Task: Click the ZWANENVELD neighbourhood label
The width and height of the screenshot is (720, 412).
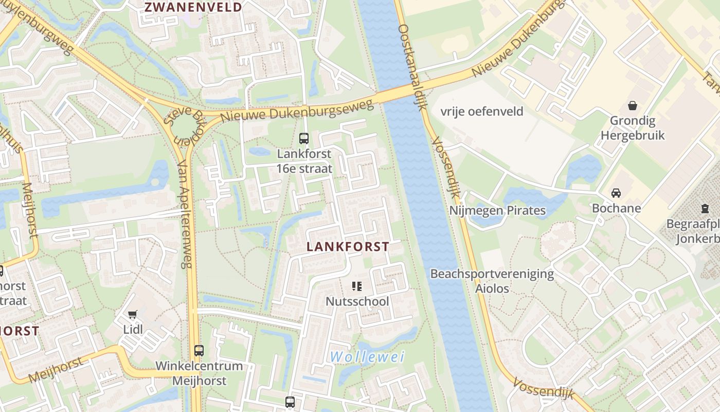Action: tap(193, 7)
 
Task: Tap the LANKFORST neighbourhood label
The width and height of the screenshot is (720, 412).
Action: tap(348, 247)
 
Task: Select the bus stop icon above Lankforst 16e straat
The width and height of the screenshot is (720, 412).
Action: tap(304, 138)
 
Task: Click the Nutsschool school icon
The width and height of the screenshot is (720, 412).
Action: tap(357, 286)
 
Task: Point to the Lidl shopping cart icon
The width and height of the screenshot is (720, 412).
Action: tap(133, 314)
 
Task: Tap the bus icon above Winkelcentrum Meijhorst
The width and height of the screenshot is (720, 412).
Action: tap(199, 351)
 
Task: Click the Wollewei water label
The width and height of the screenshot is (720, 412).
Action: tap(367, 356)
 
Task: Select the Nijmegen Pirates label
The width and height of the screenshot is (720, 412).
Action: tap(497, 210)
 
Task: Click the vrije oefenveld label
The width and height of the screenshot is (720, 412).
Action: tap(482, 111)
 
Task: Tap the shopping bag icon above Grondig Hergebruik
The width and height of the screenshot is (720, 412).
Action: tap(632, 106)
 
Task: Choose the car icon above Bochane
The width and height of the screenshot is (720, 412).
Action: tap(616, 193)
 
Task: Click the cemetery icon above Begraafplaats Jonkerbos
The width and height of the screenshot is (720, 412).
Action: tap(705, 209)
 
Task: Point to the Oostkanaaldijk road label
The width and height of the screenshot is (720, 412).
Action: tap(413, 67)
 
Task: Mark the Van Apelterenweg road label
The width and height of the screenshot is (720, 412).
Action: tap(184, 214)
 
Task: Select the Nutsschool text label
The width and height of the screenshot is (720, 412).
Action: tap(357, 301)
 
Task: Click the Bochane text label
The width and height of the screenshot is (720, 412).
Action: tap(617, 208)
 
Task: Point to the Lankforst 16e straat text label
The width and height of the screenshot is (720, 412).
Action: tap(304, 161)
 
